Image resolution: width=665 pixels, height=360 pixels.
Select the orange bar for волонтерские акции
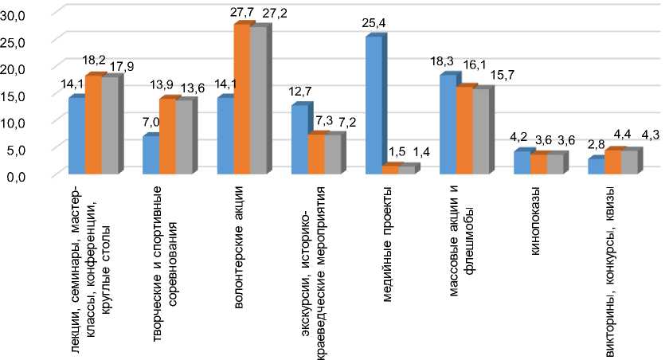241,99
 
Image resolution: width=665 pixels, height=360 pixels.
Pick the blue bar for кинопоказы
522,162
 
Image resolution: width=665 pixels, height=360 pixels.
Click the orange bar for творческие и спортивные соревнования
167,135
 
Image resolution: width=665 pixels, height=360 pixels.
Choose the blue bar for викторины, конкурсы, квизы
596,166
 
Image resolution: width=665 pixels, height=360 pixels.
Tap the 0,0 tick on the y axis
18,175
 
